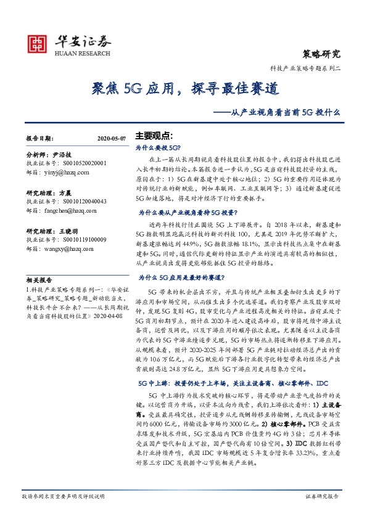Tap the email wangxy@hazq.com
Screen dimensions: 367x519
click(x=70, y=248)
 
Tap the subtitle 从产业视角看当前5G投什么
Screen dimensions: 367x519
click(x=283, y=113)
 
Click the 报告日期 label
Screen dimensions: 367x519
click(x=40, y=139)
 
